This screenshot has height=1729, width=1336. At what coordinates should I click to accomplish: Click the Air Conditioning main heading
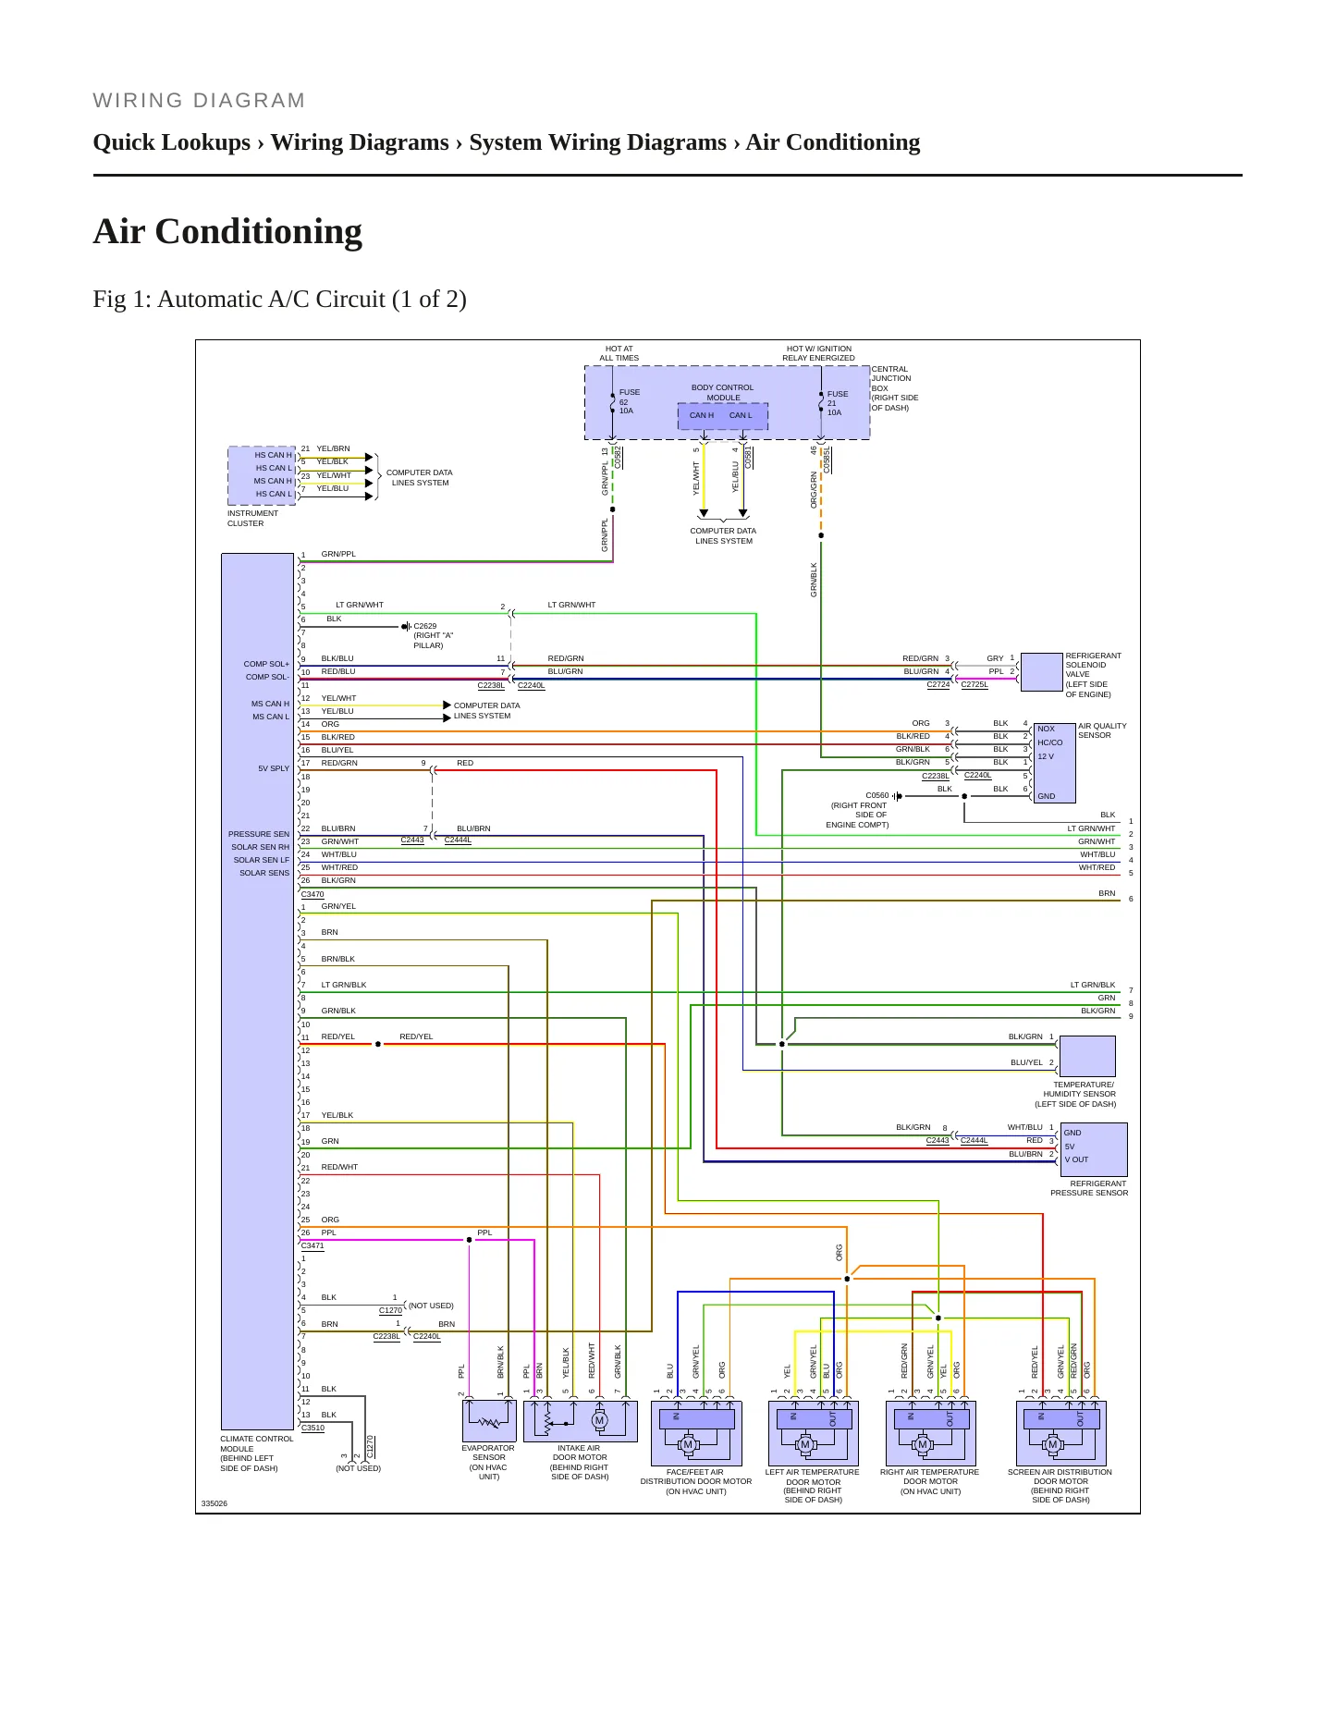227,231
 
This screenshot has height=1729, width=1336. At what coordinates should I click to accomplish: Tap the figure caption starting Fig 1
279,300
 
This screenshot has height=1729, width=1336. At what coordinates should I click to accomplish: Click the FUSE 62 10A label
629,401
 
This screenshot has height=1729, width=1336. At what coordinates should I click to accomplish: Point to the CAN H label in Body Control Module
702,415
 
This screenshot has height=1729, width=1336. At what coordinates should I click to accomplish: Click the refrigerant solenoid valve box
1041,672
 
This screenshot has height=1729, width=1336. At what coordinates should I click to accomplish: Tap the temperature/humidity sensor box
1087,1056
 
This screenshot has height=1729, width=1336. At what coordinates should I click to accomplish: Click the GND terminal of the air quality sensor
1046,796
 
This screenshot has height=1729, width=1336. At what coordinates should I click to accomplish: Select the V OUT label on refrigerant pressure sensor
1076,1159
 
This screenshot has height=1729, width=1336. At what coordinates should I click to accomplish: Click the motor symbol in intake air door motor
599,1420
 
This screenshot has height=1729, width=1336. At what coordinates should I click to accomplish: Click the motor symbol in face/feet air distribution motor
687,1444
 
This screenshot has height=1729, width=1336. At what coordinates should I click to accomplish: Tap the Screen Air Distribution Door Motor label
1060,1486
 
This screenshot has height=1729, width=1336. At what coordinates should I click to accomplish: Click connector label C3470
313,894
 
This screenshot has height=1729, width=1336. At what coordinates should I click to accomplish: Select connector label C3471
313,1245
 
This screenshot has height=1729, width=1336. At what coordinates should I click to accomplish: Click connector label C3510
313,1428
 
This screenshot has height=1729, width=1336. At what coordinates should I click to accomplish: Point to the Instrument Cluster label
252,518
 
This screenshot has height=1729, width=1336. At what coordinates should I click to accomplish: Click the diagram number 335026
214,1503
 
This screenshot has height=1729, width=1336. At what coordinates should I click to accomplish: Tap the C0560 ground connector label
876,795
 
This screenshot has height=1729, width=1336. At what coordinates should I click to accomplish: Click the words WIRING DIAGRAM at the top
199,101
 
